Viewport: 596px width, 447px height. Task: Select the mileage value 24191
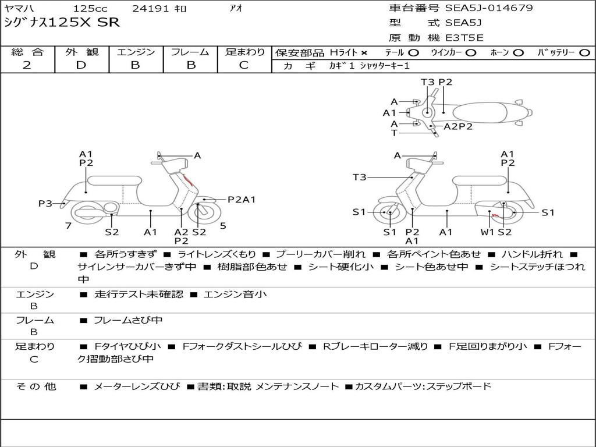pos(151,9)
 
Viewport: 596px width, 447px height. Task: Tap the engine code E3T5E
pos(464,38)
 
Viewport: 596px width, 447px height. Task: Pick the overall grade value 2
pos(27,65)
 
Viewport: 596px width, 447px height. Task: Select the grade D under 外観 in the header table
pos(81,65)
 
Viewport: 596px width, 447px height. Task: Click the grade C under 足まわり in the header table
pos(243,65)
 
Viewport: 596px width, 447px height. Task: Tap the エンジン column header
pos(136,52)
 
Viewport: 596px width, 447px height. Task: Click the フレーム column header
pos(190,52)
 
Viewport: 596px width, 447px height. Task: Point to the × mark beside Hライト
pos(364,53)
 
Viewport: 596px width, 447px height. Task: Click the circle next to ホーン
pos(519,53)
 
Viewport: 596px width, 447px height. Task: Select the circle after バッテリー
pos(584,53)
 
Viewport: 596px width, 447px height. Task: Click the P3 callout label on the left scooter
pos(45,203)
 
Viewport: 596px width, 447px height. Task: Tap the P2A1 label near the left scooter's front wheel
pos(242,200)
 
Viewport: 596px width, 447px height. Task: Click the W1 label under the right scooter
pos(488,232)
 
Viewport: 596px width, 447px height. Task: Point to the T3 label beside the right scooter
pos(360,177)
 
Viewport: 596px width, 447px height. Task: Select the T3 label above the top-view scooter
pos(428,82)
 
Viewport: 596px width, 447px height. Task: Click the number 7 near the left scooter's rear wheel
pos(68,225)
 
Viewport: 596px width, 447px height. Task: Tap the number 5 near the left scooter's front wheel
pos(223,225)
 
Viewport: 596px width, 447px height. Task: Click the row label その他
pos(36,386)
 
